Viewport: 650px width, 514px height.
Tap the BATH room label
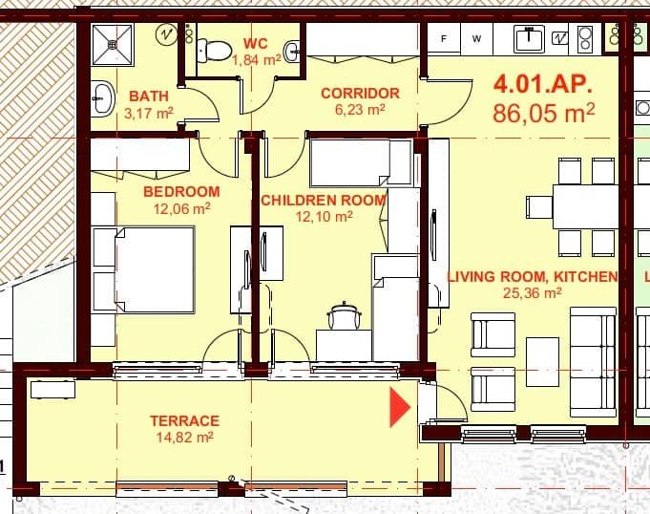[149, 96]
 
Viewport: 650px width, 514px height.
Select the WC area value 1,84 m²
[256, 59]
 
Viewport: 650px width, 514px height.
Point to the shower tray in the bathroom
[115, 44]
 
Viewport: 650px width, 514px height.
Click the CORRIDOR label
[359, 93]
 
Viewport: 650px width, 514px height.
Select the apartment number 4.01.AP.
[543, 83]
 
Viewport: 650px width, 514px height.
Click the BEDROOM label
[181, 191]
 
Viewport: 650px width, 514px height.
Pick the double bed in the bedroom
[154, 268]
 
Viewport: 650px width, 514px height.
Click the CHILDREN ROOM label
[323, 200]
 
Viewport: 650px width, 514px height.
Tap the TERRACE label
[184, 420]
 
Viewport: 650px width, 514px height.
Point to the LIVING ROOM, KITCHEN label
[532, 277]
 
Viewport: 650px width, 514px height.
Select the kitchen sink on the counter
[529, 38]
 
